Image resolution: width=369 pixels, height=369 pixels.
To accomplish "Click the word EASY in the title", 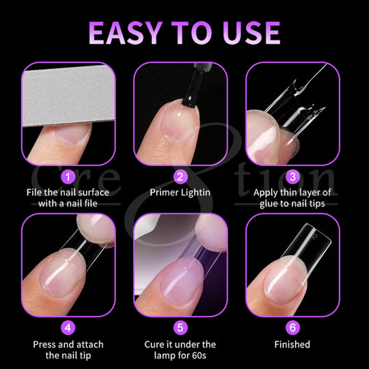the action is [126, 33].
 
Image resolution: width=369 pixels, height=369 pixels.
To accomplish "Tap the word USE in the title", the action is [251, 33].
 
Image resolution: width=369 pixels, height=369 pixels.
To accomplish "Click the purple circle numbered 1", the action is [68, 177].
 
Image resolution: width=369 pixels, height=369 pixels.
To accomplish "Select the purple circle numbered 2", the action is [180, 177].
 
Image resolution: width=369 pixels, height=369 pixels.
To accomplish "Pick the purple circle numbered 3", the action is [292, 177].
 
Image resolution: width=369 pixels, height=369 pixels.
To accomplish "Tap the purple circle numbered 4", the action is [68, 327].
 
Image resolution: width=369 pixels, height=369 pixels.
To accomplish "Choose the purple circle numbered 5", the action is [180, 327].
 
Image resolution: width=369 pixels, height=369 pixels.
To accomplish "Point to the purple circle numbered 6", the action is [292, 327].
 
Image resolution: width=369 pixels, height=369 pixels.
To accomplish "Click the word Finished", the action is [292, 344].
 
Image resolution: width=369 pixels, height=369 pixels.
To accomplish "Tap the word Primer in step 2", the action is [164, 193].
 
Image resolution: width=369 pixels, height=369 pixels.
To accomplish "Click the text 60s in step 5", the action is [200, 355].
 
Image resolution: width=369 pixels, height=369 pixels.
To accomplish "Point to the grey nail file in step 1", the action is [68, 94].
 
